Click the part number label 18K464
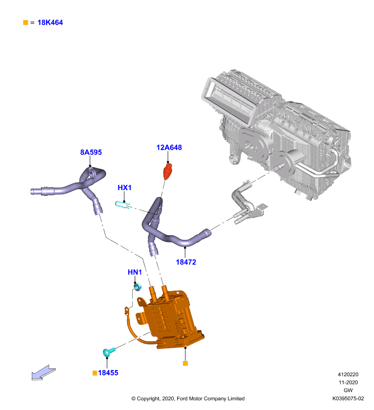(50, 23)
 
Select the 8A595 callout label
(91, 152)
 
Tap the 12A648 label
(169, 148)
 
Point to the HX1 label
(124, 188)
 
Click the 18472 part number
(186, 262)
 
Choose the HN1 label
(135, 272)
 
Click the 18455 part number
(108, 373)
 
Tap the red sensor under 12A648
(168, 171)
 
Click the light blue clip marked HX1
(122, 204)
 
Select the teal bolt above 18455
(109, 352)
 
